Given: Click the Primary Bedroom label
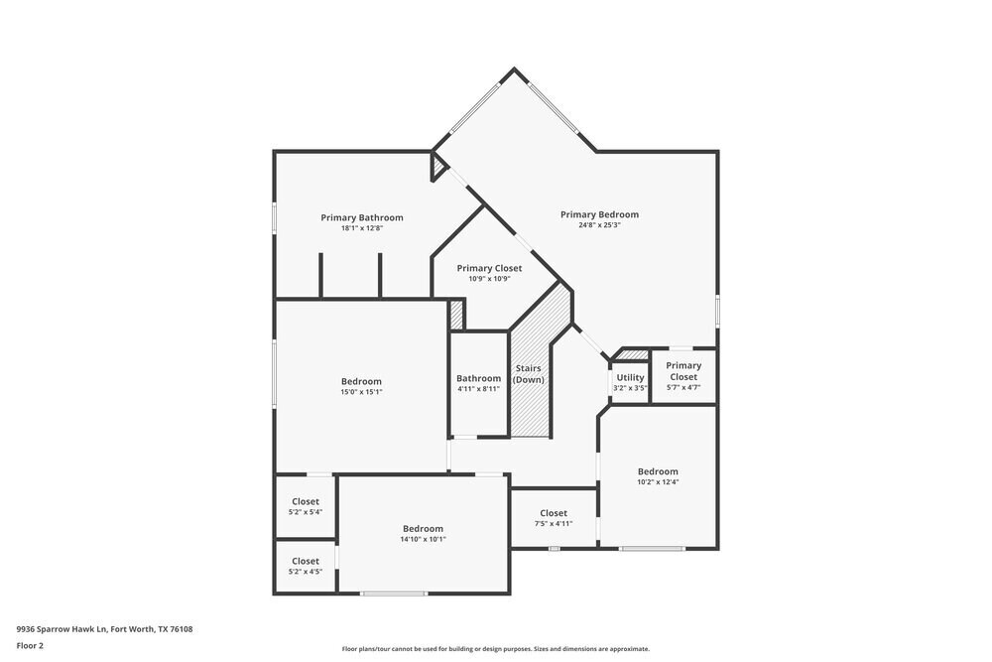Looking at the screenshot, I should click(599, 214).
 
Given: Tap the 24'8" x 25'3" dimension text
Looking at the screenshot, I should click(599, 225).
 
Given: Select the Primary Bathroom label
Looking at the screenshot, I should click(361, 217).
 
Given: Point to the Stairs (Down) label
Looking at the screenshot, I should click(528, 374).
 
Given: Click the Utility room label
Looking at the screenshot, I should click(630, 377).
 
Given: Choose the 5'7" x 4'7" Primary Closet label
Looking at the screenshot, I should click(682, 371).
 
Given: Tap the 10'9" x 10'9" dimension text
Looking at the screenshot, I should click(489, 279).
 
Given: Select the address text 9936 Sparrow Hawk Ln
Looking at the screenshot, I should click(104, 628).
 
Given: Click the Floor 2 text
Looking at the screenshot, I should click(30, 645).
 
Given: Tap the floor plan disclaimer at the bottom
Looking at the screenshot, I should click(496, 649).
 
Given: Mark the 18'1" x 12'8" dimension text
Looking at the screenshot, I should click(361, 228).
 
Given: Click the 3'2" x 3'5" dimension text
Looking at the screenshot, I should click(630, 388).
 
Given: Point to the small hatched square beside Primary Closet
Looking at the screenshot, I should click(456, 315).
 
